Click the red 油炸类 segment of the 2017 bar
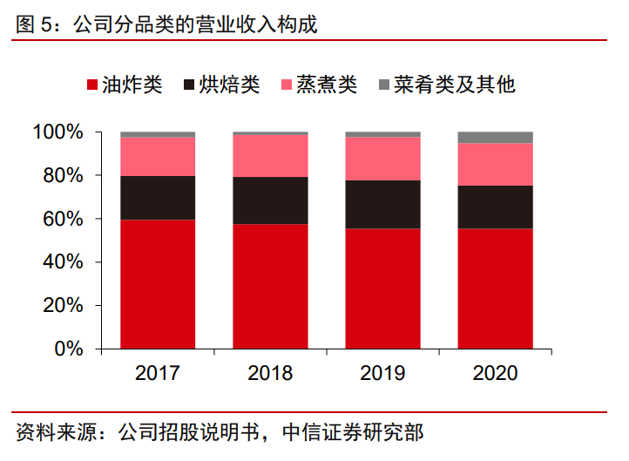click(158, 284)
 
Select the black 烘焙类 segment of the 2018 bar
click(270, 200)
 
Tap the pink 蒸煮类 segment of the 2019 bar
click(382, 159)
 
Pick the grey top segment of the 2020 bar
click(495, 137)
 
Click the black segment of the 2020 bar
click(495, 207)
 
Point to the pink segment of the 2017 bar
click(158, 156)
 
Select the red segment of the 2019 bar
click(382, 288)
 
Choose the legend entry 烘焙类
click(229, 85)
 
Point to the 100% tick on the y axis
click(58, 132)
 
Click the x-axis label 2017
click(158, 374)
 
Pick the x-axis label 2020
click(495, 374)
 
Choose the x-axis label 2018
click(270, 374)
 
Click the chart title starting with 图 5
click(166, 24)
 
